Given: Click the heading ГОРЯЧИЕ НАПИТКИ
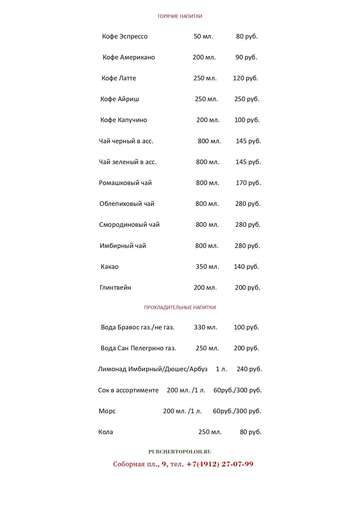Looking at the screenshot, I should [180, 16].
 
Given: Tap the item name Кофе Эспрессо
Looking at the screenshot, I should [125, 37].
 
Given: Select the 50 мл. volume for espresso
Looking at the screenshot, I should [203, 37].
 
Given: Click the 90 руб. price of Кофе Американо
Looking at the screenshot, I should [246, 57].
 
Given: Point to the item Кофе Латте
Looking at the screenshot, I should [119, 78].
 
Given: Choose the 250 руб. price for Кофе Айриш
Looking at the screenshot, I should [247, 99].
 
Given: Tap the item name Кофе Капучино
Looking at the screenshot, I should [124, 120].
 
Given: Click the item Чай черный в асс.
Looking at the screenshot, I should [126, 141].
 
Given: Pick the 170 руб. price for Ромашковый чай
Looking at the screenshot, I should [248, 183].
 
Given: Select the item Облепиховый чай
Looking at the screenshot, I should [127, 204].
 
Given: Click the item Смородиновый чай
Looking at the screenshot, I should [129, 225].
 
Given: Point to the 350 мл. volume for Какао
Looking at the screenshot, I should [207, 267].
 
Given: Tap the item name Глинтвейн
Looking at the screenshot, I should [115, 288].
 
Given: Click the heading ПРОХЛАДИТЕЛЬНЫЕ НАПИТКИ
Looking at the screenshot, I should [180, 307].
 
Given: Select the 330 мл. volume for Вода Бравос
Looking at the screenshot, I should [205, 327].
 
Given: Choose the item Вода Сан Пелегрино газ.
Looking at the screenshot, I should [138, 348].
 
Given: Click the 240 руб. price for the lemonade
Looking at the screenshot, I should [249, 369].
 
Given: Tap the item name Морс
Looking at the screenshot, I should [107, 411].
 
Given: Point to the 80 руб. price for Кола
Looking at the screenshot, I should [250, 432].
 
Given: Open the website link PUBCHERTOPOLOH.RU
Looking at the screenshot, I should [180, 452].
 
